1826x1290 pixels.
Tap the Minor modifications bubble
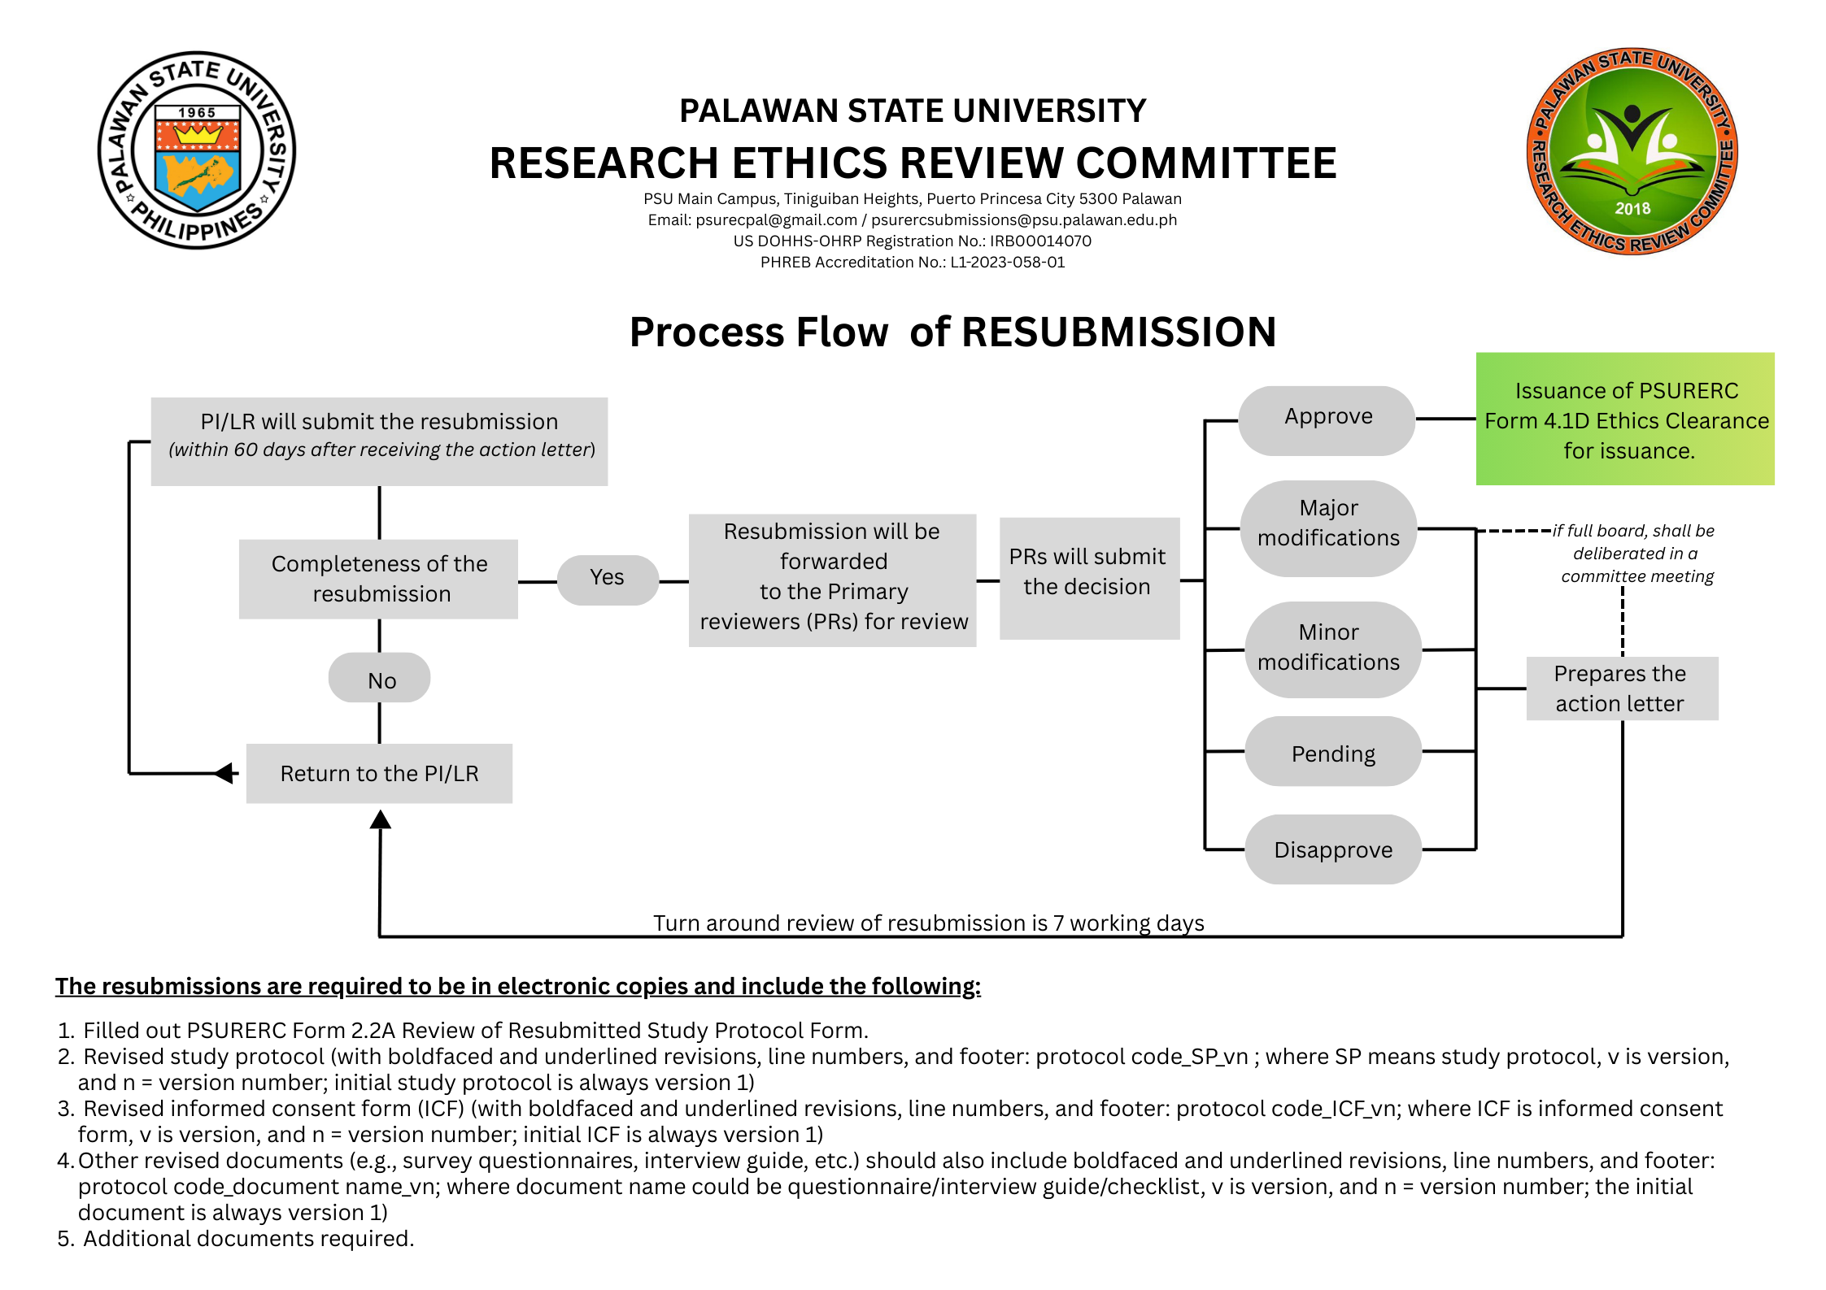coord(1332,649)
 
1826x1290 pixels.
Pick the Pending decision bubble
coord(1332,752)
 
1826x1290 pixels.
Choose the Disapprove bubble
coord(1332,849)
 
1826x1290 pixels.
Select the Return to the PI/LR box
coord(379,773)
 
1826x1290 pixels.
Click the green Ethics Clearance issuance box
coord(1624,419)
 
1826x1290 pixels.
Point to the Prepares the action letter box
coord(1621,688)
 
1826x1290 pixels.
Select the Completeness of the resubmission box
coord(378,579)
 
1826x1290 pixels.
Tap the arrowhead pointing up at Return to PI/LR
coord(380,819)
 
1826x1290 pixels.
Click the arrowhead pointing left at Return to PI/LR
coord(224,773)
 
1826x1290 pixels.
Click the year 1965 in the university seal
coord(197,113)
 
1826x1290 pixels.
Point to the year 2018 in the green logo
coord(1632,208)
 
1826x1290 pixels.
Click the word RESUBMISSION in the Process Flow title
coord(1118,332)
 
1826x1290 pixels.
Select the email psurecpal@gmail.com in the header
coord(776,219)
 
